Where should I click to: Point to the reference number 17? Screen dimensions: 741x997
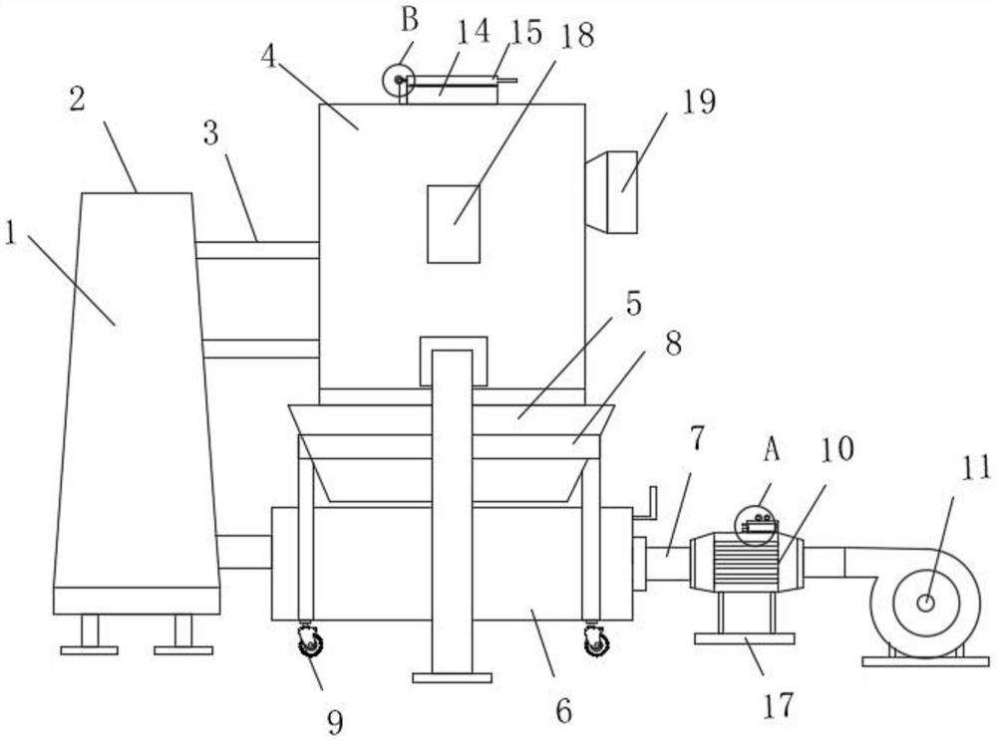[x=778, y=705]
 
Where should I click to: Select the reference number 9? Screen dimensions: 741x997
[x=335, y=720]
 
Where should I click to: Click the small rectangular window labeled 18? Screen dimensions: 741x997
[x=454, y=224]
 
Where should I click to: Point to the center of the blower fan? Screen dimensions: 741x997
[x=926, y=603]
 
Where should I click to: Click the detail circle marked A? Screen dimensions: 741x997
[x=756, y=525]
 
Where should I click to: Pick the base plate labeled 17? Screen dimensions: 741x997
[x=744, y=638]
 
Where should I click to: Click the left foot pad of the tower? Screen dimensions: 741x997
[x=89, y=650]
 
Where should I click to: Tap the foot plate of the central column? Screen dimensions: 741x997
[x=452, y=677]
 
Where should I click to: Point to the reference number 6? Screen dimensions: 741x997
[x=563, y=711]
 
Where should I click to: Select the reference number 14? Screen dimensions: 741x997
[x=474, y=32]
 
